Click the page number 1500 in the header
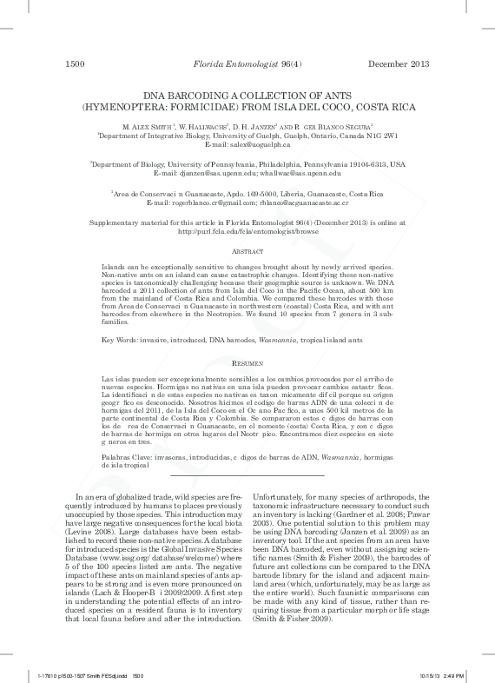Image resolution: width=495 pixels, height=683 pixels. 75,63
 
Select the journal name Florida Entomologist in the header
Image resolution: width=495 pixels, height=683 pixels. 228,63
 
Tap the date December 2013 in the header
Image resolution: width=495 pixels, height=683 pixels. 398,63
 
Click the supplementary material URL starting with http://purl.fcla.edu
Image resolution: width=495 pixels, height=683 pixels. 246,232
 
